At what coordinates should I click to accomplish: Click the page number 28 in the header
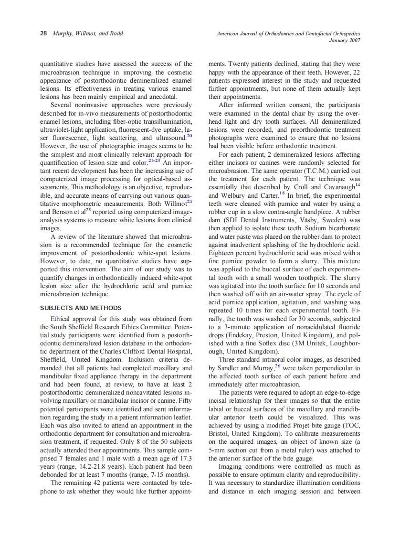[x=43, y=33]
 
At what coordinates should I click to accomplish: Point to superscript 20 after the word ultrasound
[x=189, y=137]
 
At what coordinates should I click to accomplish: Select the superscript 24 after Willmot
[x=189, y=202]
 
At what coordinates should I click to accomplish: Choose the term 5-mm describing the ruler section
[x=219, y=450]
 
